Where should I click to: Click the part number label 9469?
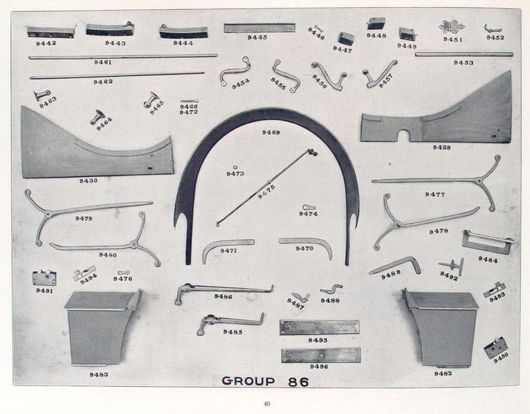tap(271, 132)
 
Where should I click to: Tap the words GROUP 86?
tap(266, 381)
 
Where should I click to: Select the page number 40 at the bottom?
tap(266, 404)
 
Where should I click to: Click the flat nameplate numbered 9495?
tap(319, 327)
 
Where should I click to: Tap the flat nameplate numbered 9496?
tap(320, 355)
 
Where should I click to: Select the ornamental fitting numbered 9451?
tap(451, 26)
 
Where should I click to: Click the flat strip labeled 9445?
tap(259, 28)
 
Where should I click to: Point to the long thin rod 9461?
tap(122, 56)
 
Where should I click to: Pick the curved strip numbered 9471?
tap(226, 245)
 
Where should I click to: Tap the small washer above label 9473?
tap(235, 167)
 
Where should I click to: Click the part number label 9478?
tap(439, 231)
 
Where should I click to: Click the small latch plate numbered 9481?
tap(44, 277)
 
